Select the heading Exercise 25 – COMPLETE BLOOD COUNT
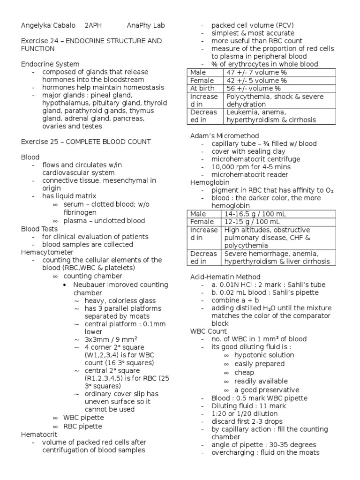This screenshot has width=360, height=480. [x=86, y=142]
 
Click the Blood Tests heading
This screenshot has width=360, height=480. [x=40, y=229]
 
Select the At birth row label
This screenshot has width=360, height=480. [x=202, y=88]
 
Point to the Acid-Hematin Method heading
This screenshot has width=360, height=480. [x=225, y=277]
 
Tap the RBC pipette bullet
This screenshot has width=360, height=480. [x=82, y=426]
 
